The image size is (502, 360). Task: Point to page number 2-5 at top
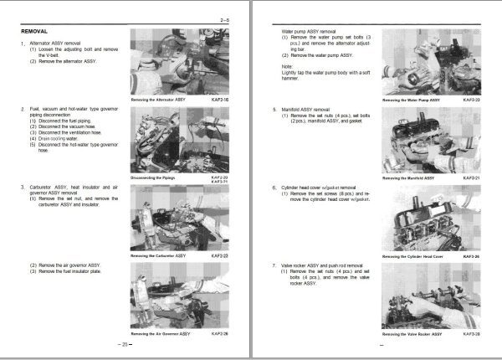point(225,18)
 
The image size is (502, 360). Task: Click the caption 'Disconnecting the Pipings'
point(159,177)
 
